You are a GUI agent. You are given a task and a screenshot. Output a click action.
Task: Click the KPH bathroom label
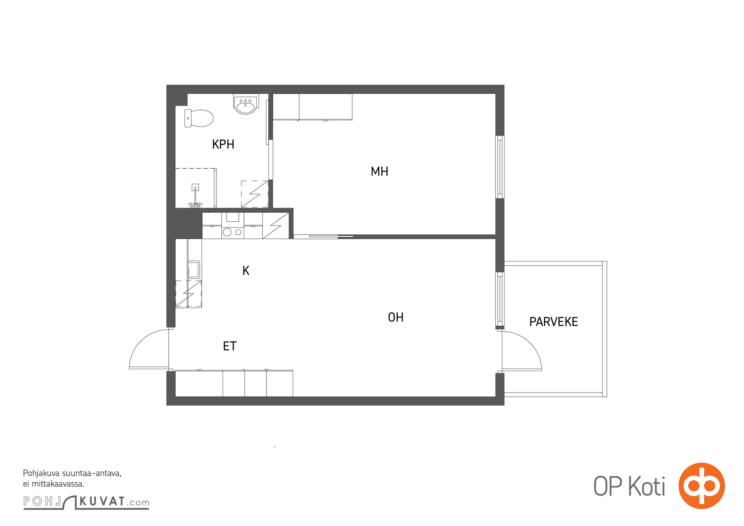pos(223,144)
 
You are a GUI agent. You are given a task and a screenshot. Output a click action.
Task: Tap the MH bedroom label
pos(379,171)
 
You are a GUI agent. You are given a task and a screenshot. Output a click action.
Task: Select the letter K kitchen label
pos(246,271)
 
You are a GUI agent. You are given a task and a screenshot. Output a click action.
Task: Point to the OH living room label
pos(396,317)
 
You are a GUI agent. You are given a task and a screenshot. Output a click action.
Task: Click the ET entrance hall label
pos(230,346)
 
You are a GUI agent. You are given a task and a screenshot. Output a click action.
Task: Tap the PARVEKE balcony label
pos(554,322)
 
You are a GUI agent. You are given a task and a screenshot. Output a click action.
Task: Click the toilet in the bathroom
pos(199,118)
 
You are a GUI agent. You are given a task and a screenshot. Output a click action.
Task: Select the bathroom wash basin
pos(246,104)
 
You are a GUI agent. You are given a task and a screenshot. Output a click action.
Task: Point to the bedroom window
pos(500,167)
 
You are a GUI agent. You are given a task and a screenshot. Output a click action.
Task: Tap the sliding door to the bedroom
pos(324,236)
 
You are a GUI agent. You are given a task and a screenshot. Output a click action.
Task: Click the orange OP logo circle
pos(702,486)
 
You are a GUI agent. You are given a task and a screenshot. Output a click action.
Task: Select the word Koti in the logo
pos(646,486)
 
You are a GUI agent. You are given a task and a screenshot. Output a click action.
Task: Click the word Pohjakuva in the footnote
pos(41,474)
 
